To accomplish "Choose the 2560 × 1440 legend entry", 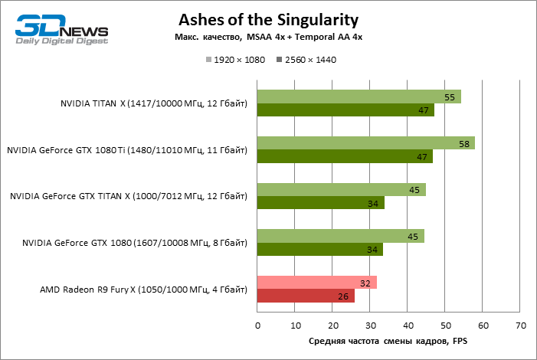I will point(306,59).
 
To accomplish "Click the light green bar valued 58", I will point(365,143).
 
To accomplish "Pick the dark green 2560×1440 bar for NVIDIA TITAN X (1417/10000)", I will point(345,110).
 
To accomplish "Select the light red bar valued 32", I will point(316,282).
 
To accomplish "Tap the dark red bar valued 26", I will point(306,296).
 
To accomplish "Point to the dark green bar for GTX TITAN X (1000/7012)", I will point(320,203).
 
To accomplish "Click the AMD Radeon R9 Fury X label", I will point(144,290).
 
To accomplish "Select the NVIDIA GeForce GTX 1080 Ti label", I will point(127,150).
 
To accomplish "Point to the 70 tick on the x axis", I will point(521,326).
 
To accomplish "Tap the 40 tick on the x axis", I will point(408,326).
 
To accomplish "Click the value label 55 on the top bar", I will point(450,97).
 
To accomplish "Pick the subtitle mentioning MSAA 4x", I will point(268,38).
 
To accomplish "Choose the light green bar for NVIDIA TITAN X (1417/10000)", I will point(359,97).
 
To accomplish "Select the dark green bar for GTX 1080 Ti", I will point(345,157).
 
